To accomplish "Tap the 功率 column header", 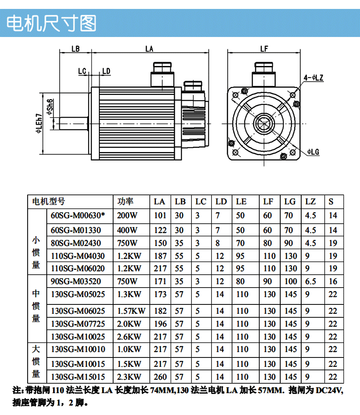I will pyautogui.click(x=125, y=201).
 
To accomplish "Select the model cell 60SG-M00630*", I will pyautogui.click(x=78, y=216).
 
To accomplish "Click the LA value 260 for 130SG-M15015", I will pyautogui.click(x=160, y=377).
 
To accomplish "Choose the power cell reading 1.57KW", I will pyautogui.click(x=131, y=311).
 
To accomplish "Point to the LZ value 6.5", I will pyautogui.click(x=311, y=281).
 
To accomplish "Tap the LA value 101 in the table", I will pyautogui.click(x=160, y=216).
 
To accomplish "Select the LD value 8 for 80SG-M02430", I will pyautogui.click(x=217, y=243).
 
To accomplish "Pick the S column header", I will pyautogui.click(x=331, y=201).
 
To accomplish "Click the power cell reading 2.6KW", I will pyautogui.click(x=129, y=337).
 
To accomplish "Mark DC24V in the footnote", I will pyautogui.click(x=330, y=391).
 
